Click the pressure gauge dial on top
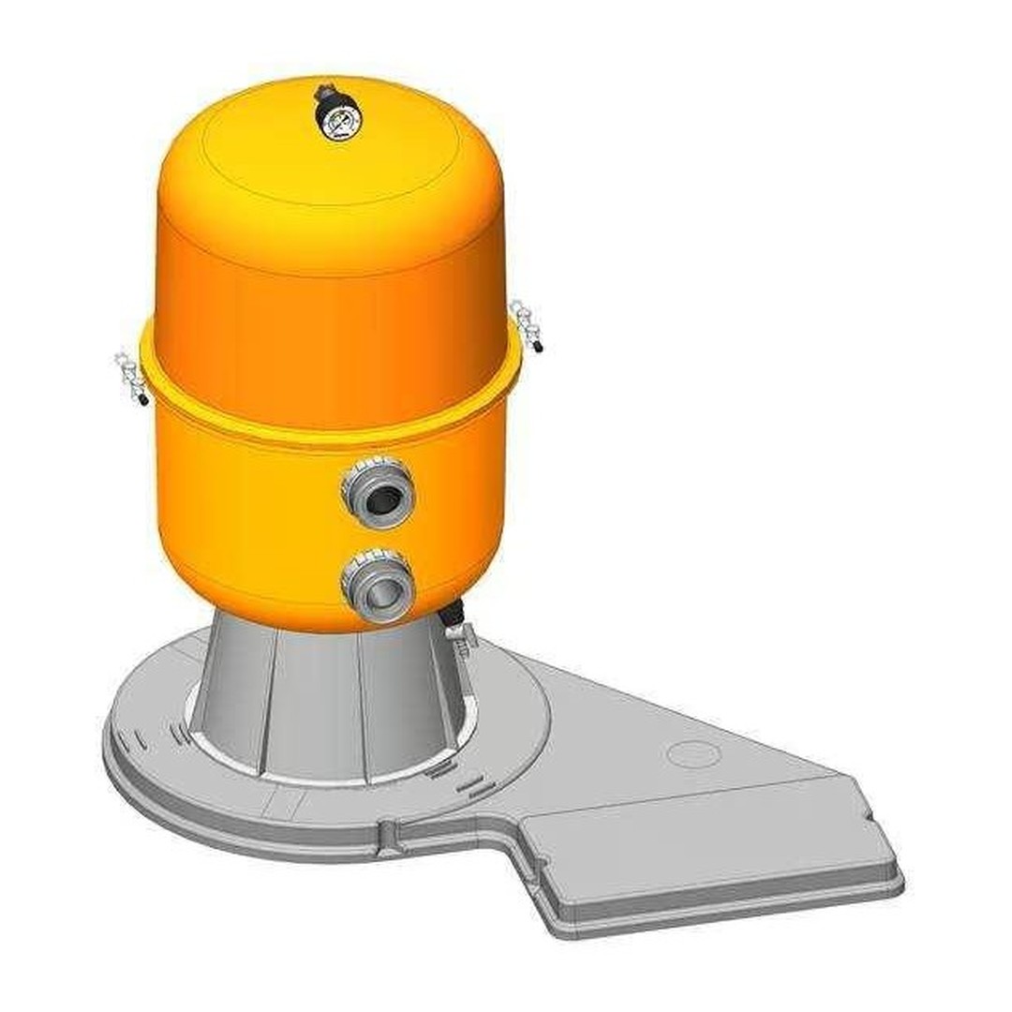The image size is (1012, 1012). (337, 121)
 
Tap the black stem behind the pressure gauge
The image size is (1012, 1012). (324, 93)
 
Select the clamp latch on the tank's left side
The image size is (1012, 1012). (130, 376)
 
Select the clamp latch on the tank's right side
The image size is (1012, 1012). (526, 324)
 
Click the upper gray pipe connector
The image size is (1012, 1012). (378, 492)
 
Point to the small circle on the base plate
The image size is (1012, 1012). (692, 753)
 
